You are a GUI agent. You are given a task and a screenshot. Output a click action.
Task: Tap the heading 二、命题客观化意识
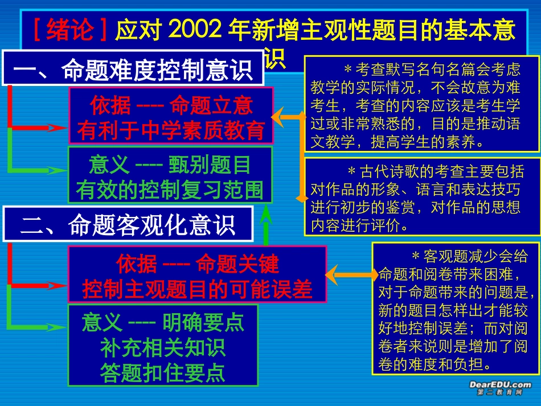pyautogui.click(x=128, y=225)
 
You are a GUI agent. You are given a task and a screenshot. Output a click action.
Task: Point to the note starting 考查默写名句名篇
pyautogui.click(x=421, y=104)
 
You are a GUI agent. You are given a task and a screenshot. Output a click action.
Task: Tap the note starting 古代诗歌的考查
pyautogui.click(x=421, y=196)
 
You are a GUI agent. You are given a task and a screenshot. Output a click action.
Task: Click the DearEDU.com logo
pyautogui.click(x=500, y=388)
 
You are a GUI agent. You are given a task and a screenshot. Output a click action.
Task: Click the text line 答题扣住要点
pyautogui.click(x=162, y=372)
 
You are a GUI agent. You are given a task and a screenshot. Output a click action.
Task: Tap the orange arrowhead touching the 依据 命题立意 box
pyautogui.click(x=278, y=117)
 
